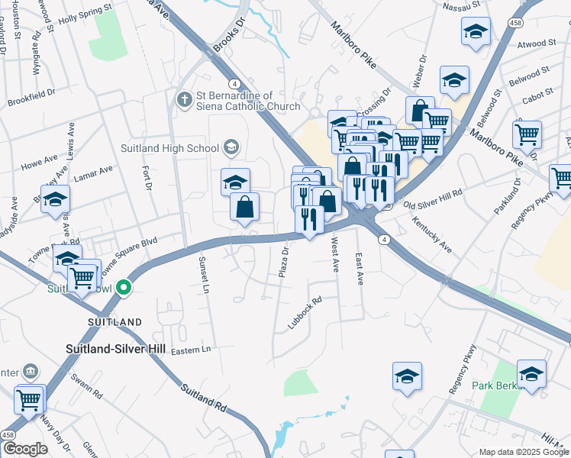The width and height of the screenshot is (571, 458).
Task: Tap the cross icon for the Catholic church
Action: pos(184,100)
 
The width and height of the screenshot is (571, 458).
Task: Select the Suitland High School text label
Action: pos(169,148)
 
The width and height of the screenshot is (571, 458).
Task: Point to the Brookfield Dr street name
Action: pos(31,97)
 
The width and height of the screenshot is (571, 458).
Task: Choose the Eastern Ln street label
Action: pos(190,350)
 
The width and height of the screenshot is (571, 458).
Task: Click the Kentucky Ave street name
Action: pos(432,226)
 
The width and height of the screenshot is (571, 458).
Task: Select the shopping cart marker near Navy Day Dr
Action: pos(29,398)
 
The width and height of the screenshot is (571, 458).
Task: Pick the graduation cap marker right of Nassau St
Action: pos(476,32)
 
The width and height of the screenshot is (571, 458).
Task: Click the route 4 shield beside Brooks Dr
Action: pos(234,83)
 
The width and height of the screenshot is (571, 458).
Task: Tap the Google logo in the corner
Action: pos(25,449)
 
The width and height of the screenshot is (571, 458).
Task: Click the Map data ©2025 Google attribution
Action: pos(523,452)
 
